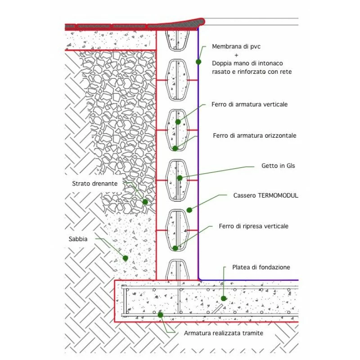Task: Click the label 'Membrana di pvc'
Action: (235, 46)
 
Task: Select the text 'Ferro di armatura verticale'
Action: (249, 104)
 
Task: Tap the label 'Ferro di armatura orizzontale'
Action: (255, 135)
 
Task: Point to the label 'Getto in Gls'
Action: (278, 166)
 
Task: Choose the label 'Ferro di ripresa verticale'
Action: (254, 226)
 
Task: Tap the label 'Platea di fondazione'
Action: (261, 267)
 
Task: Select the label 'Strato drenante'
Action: (95, 184)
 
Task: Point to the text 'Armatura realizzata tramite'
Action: (224, 333)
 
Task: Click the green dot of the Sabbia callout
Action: (126, 258)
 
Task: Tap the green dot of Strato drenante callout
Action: (145, 202)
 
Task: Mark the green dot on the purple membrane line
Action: (198, 62)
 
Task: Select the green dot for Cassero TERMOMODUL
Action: (189, 210)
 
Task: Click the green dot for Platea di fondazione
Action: (224, 298)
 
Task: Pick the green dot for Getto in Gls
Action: (180, 178)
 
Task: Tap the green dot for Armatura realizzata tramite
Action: (161, 315)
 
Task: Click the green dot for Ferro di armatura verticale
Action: (178, 121)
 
